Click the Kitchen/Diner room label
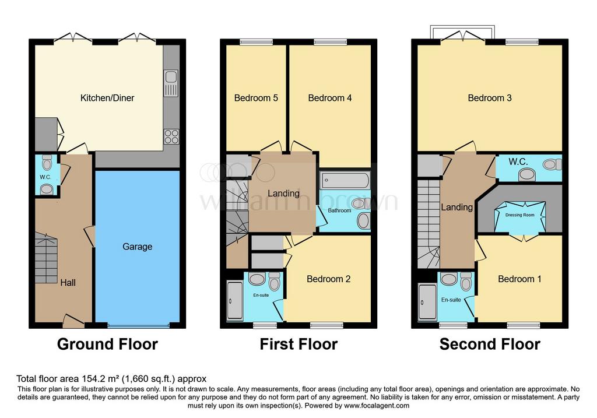(x=107, y=98)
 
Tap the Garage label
(x=138, y=247)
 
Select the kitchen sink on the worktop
(x=171, y=83)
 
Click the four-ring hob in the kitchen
(x=171, y=136)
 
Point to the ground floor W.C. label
(x=45, y=177)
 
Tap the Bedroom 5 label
(x=257, y=98)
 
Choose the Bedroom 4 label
(x=330, y=98)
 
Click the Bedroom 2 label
(x=329, y=279)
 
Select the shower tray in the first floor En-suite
(x=235, y=300)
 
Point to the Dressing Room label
(x=519, y=215)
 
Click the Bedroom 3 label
(x=490, y=98)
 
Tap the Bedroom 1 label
(x=519, y=279)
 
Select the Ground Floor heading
(x=107, y=344)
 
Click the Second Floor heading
(x=490, y=344)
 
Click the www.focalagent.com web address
(x=377, y=406)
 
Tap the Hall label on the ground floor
(x=68, y=283)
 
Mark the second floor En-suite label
(x=451, y=300)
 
